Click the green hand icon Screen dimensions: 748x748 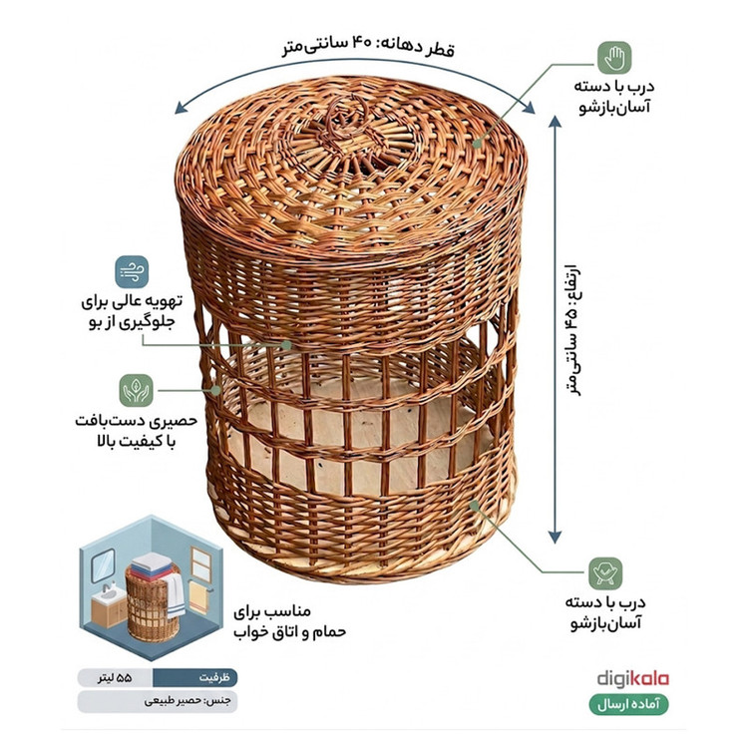(614, 58)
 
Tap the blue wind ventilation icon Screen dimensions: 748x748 (132, 272)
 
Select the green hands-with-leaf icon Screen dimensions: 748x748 (136, 390)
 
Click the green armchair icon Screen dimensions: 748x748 (605, 573)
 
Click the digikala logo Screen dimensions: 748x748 (633, 679)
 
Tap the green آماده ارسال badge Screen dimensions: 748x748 (628, 704)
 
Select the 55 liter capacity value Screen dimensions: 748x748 (115, 678)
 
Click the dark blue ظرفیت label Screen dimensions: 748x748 (195, 677)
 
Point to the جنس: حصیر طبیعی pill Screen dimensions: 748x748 (158, 701)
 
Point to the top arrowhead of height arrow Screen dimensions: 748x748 (555, 121)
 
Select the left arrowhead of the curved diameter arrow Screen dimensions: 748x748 (181, 108)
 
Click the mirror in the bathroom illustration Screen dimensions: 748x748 (103, 565)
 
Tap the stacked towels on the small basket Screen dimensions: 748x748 (151, 565)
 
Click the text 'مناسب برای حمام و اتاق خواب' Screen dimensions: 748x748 (289, 622)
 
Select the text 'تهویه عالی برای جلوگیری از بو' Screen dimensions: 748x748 (132, 312)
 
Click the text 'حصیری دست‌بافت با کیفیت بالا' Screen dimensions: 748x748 (136, 431)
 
